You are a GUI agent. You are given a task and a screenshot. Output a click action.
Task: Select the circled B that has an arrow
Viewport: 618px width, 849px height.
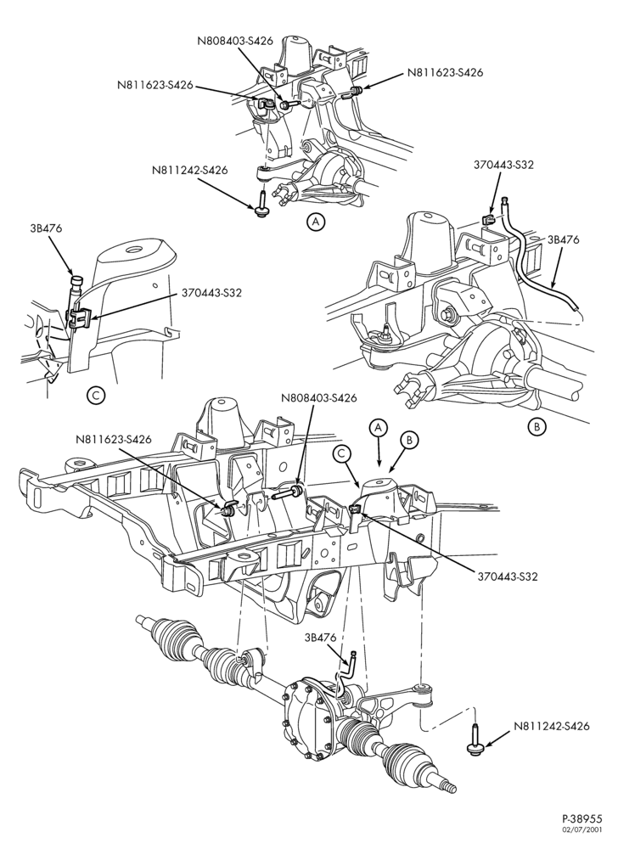(x=410, y=440)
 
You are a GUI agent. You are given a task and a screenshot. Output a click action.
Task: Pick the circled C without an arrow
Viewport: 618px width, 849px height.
(x=95, y=396)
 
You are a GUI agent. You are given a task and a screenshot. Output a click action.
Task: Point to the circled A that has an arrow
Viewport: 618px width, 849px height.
(x=379, y=427)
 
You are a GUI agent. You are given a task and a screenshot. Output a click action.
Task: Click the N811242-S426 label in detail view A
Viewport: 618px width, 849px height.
(x=189, y=170)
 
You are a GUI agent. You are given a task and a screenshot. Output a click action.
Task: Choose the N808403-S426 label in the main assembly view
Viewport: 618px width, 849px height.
(x=319, y=398)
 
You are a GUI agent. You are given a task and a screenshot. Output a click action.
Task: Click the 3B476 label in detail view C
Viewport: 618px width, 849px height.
(x=46, y=228)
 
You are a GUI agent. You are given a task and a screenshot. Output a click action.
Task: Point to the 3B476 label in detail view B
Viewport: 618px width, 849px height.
(x=564, y=240)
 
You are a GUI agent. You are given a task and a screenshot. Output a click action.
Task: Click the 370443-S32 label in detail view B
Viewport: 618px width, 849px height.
(x=503, y=166)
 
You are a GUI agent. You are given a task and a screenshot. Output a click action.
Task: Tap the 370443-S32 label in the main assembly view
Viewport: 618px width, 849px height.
(x=508, y=576)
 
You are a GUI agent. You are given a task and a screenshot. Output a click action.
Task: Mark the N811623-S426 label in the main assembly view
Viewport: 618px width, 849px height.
(x=114, y=439)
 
